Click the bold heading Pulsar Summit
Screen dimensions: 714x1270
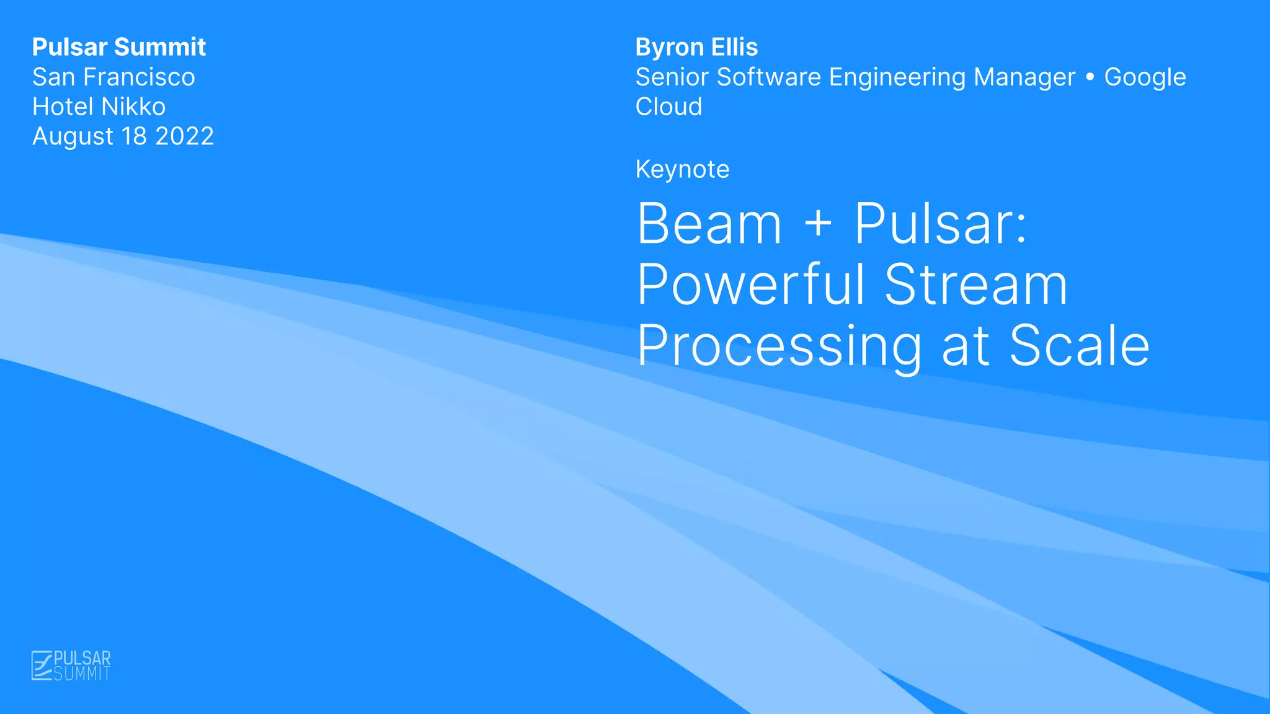[118, 47]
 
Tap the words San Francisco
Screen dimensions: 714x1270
[113, 77]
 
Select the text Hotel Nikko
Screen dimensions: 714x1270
[99, 107]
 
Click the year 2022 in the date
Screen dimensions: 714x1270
[184, 136]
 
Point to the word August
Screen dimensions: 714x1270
[73, 137]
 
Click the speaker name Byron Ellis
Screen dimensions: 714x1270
[696, 47]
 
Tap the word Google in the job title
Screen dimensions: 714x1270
[1145, 77]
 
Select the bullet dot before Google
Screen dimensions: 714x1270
[1090, 77]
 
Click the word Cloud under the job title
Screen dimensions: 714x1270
[668, 107]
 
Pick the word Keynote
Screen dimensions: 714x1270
[682, 170]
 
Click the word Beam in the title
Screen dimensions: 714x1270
[709, 224]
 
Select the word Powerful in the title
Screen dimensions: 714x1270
[750, 285]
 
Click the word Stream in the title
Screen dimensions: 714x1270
[976, 285]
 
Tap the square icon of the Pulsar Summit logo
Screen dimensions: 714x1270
[42, 666]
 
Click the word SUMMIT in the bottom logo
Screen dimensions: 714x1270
[82, 674]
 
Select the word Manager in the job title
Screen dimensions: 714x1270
[1024, 77]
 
